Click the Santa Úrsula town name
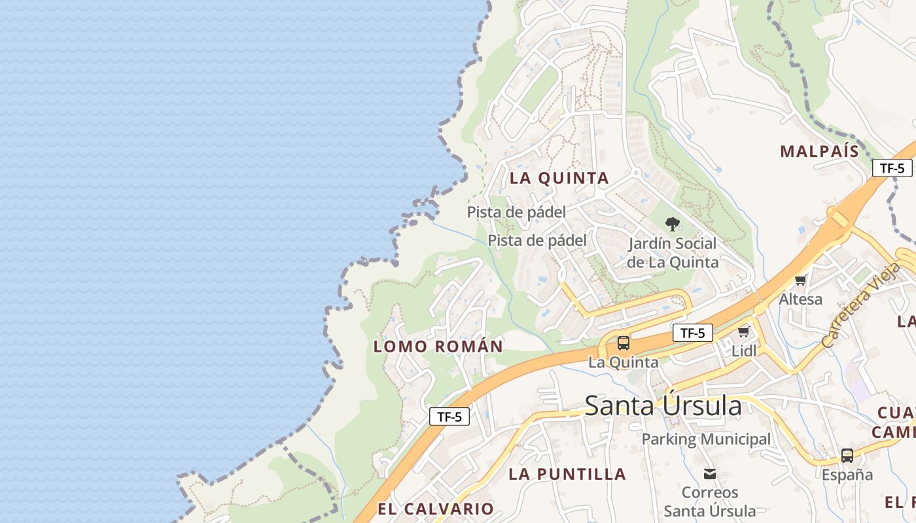663,406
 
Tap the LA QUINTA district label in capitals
559,178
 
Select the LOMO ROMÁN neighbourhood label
438,346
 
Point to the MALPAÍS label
819,152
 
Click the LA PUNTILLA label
567,474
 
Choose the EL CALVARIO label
436,509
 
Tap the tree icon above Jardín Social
672,224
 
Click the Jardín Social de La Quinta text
673,253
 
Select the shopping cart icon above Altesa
800,281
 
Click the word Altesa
800,299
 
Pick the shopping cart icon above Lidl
743,332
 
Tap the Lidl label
744,351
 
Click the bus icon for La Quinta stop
624,343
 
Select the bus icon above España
847,456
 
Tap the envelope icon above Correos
710,474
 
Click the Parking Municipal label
706,439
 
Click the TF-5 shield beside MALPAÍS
892,168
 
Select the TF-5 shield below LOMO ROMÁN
449,416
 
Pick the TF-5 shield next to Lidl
692,333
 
